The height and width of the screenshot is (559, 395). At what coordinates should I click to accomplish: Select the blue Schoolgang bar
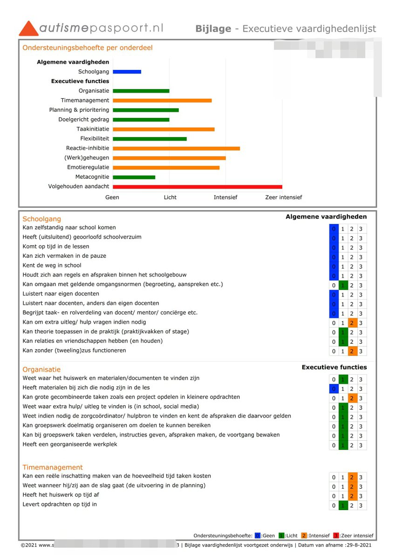tap(127, 72)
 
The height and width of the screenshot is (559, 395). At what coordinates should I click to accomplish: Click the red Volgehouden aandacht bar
tap(197, 187)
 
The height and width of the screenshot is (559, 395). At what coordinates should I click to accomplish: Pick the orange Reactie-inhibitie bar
tap(176, 149)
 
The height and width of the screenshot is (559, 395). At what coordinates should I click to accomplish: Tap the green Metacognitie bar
tap(134, 177)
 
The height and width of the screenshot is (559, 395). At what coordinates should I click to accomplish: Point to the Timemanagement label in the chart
tap(85, 101)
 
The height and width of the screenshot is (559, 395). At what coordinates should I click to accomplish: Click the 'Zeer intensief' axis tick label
tap(283, 198)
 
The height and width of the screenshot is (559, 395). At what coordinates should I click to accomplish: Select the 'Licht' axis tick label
tap(170, 198)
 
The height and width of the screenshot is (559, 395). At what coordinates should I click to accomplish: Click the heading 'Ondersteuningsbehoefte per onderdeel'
tap(88, 48)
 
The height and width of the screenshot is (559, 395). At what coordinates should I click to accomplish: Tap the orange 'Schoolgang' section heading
tap(41, 219)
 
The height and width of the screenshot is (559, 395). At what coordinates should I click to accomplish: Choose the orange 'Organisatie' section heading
tap(41, 370)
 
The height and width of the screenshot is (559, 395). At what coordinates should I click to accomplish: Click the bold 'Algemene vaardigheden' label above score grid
tap(326, 217)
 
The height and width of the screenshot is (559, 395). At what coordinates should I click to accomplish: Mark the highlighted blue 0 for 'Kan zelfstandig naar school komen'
tap(334, 229)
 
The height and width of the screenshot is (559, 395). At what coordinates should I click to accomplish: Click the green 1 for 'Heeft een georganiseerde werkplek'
tap(343, 446)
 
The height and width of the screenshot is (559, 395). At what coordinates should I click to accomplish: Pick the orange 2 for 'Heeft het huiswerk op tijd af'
tap(352, 496)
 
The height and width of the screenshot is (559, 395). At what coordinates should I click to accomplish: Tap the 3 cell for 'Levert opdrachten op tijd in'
tap(361, 506)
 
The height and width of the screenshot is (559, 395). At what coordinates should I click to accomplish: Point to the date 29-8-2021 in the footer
tap(359, 545)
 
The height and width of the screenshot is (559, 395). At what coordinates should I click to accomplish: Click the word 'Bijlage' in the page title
tap(213, 29)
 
